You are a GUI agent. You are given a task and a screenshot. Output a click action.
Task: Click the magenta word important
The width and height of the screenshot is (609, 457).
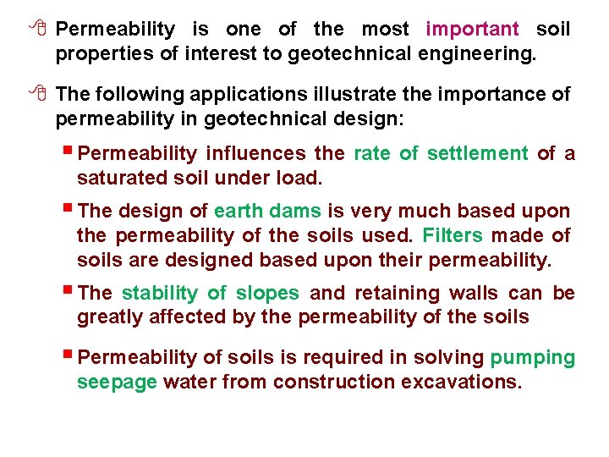[473, 30]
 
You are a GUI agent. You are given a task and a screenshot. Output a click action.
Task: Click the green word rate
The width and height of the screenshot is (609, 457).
[371, 154]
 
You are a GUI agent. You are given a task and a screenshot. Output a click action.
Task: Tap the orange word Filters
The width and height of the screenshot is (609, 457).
[453, 235]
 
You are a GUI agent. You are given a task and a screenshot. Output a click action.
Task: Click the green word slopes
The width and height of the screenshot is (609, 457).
[267, 294]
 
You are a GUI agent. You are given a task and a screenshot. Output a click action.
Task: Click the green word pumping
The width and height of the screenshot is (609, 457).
[533, 358]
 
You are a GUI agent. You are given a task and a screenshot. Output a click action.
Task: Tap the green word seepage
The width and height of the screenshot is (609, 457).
[117, 383]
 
